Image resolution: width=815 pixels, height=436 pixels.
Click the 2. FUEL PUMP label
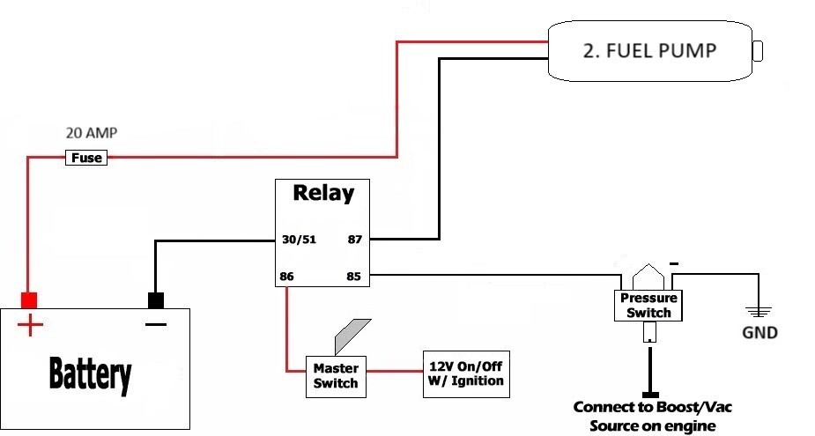coord(649,50)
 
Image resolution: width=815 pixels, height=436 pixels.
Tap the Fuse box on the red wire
coord(86,158)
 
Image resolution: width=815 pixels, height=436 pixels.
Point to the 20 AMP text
coord(92,134)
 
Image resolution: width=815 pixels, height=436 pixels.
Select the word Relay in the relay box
coord(322,193)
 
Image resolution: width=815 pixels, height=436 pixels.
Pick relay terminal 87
coord(354,239)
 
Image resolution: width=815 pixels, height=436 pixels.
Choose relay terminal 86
coord(286,277)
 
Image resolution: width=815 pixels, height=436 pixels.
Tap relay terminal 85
coord(354,277)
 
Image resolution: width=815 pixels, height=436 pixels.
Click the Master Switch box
coord(336,375)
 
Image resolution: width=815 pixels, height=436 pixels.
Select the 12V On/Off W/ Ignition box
coord(466,374)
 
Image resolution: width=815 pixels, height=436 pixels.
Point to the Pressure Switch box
coord(649,306)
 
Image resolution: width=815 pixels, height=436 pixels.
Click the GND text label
coord(759,334)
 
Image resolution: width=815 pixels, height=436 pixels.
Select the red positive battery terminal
coord(30,300)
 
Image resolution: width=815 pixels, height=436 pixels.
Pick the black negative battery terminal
coord(157,300)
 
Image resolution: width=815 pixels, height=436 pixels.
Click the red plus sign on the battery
coord(30,326)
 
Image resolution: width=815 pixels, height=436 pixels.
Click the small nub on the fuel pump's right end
coord(759,50)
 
